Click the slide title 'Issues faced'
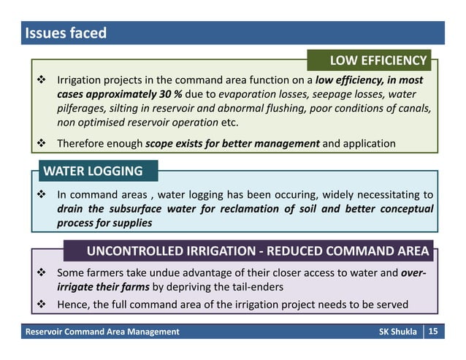click(66, 33)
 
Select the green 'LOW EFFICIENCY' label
click(378, 60)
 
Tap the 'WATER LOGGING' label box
click(93, 172)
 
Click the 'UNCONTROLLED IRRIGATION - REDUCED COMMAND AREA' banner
click(257, 251)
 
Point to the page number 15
click(432, 332)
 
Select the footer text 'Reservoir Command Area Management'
click(102, 332)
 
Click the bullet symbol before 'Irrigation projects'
click(42, 79)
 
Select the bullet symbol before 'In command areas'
click(42, 195)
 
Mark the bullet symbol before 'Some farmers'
click(42, 273)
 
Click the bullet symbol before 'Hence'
click(42, 304)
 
